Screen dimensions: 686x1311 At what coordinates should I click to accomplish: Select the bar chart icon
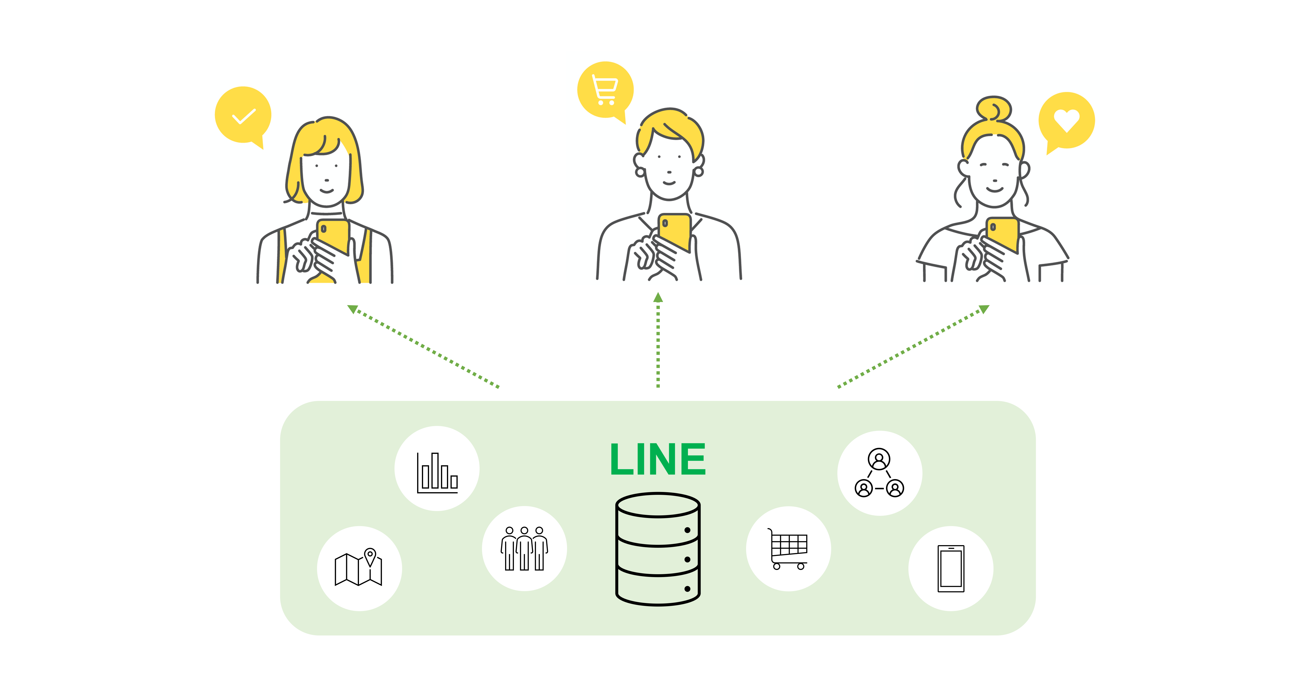[437, 472]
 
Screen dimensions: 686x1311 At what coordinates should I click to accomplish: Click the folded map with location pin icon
[359, 568]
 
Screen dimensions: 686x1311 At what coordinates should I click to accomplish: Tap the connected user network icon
[879, 473]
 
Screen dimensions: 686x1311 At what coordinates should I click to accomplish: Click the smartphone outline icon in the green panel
[951, 568]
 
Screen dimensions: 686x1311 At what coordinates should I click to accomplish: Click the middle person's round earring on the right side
[699, 172]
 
